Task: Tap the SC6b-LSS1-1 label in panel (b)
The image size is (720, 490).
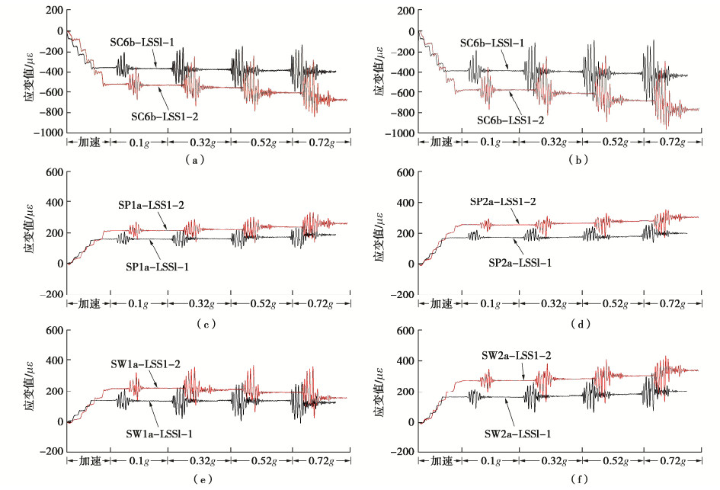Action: [492, 44]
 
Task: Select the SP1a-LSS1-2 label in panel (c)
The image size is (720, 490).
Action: [149, 207]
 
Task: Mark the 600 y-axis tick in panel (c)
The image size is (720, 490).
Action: [53, 172]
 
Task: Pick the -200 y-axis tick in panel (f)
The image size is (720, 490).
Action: [402, 452]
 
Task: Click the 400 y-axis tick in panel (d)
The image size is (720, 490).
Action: [405, 203]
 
